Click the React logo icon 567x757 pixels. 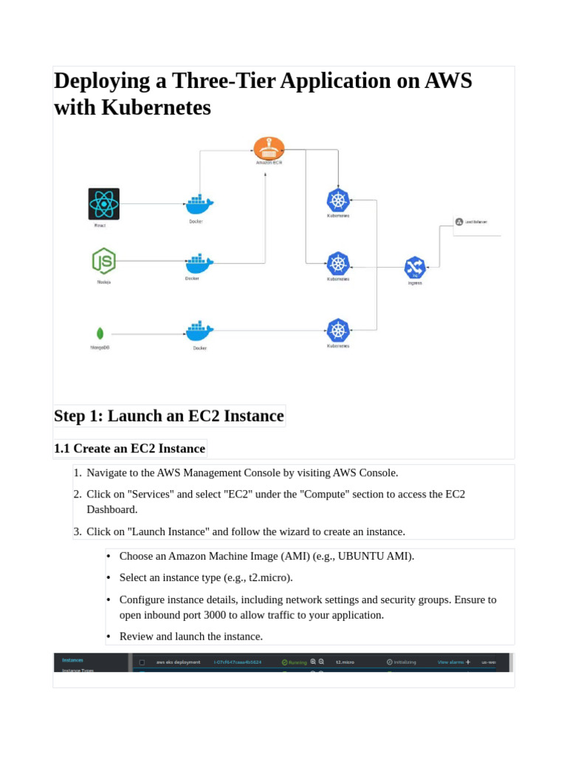tap(103, 203)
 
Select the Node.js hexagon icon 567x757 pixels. tap(103, 261)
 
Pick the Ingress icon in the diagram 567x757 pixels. tap(415, 268)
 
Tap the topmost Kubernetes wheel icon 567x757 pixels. tap(338, 200)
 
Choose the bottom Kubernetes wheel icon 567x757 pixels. tap(338, 330)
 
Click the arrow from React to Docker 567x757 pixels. tap(151, 204)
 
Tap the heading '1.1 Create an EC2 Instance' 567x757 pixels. tap(130, 448)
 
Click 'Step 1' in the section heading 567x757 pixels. tap(78, 415)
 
